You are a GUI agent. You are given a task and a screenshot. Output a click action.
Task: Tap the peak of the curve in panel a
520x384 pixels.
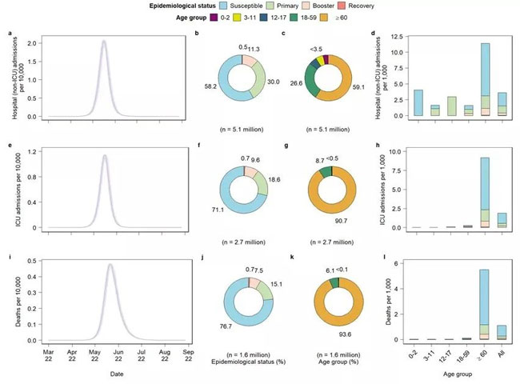coord(104,42)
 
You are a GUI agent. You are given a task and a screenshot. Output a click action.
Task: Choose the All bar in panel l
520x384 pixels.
coord(502,332)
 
